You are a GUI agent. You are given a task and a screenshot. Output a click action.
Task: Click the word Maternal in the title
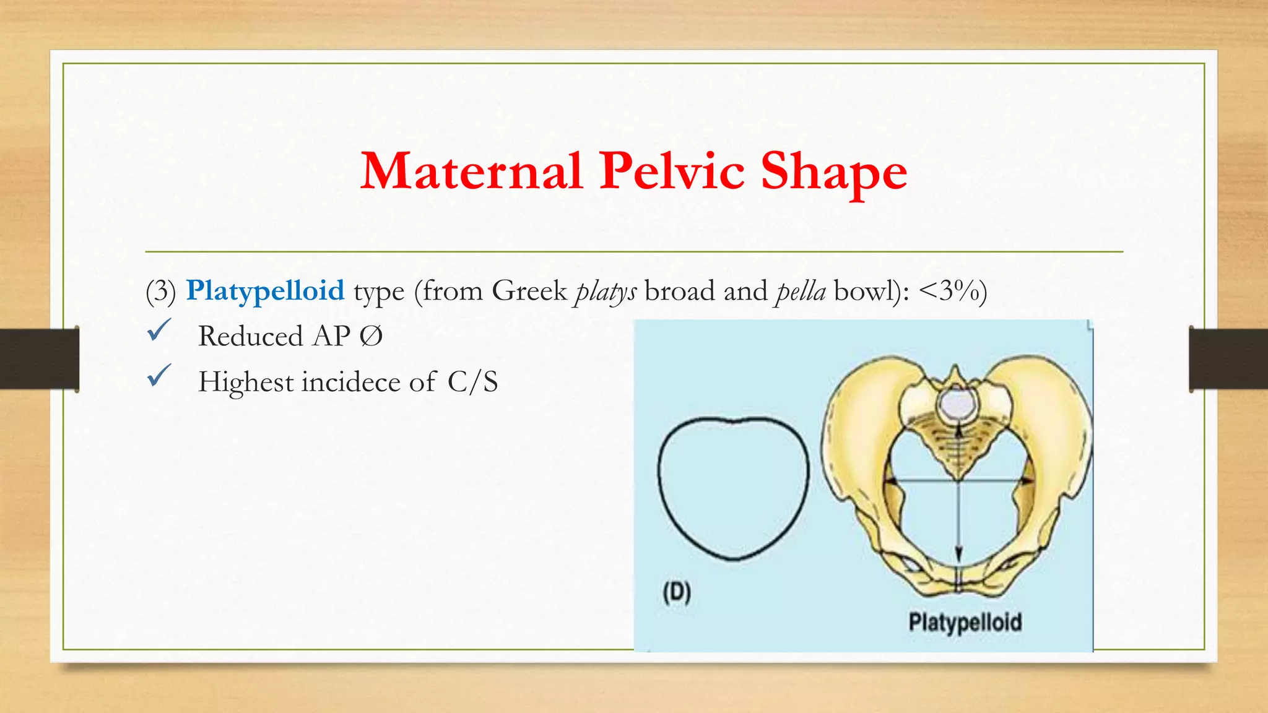coord(471,171)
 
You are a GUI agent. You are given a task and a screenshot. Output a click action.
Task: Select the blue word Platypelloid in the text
coord(265,291)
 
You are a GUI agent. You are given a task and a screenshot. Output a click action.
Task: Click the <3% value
coord(950,291)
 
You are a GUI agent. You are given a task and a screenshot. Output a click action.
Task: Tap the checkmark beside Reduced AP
coord(159,331)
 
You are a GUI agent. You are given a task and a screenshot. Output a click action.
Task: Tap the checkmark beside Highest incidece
coord(159,376)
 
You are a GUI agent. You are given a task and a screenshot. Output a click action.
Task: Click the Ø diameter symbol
coord(371,337)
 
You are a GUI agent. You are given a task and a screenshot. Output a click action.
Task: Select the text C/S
coord(472,382)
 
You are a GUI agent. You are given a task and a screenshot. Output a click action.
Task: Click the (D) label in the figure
coord(677,592)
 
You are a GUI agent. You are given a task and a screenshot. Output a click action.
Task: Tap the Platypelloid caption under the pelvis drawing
coord(965,622)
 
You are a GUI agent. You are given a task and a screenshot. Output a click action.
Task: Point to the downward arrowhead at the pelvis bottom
coord(958,553)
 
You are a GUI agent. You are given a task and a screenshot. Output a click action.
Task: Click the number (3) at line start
coord(161,291)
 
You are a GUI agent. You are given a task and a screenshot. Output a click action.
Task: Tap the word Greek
coord(529,291)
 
